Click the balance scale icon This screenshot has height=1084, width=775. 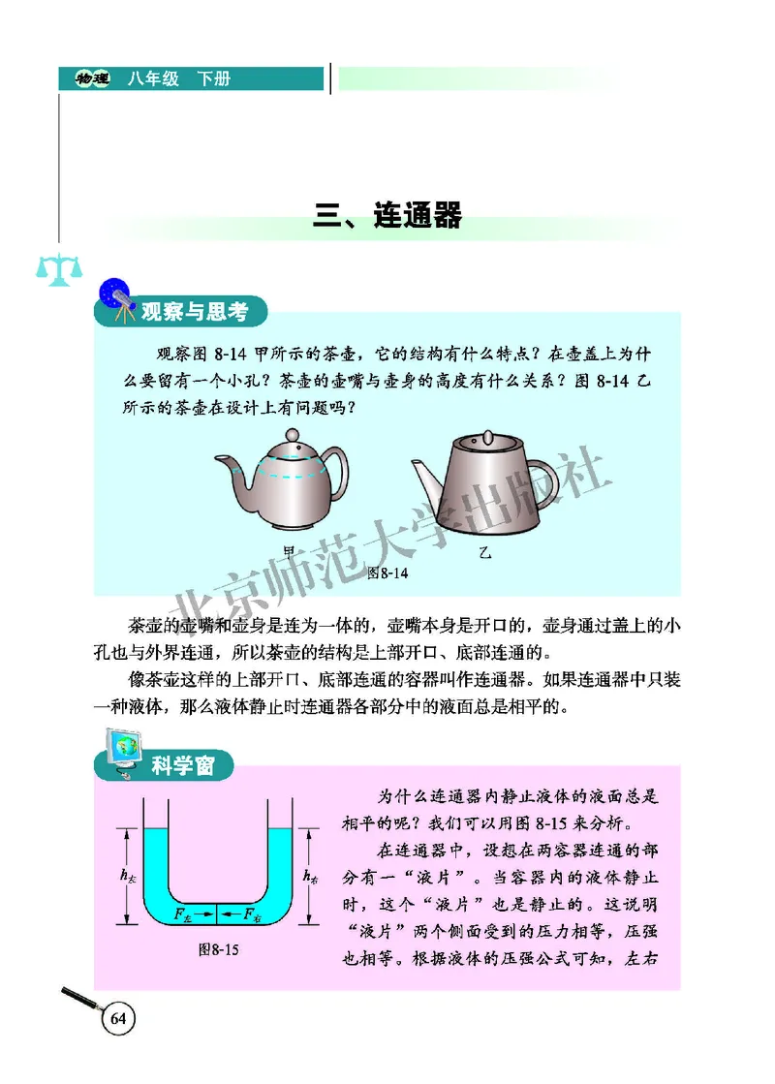51,268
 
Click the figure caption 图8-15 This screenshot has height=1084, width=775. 218,950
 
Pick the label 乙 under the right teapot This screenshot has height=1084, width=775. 485,554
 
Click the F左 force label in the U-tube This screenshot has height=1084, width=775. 190,913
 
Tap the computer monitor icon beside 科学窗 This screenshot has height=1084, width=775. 121,755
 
